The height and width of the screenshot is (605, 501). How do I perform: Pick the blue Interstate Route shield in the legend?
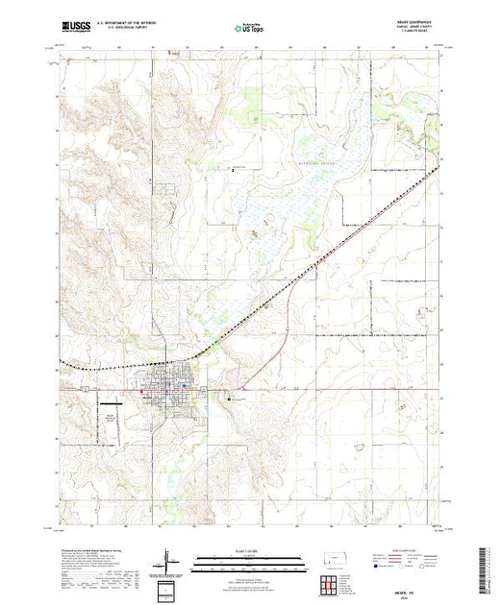pos(384,567)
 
